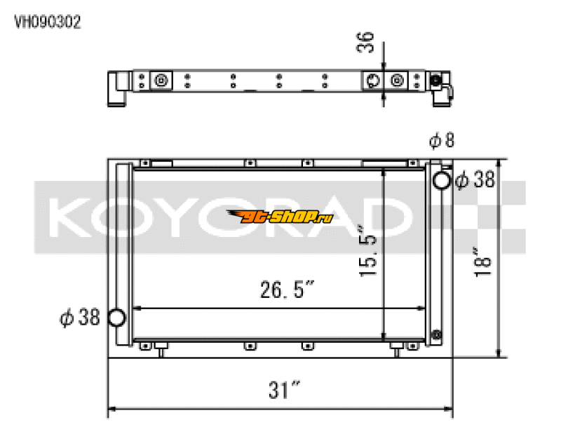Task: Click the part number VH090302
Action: tap(48, 22)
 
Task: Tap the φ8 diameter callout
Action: tap(442, 141)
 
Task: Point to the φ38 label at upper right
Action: tap(475, 181)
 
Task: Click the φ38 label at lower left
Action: tap(80, 318)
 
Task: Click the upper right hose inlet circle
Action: tap(442, 181)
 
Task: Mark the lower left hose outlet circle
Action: tap(116, 318)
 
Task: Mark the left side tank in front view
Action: tap(122, 252)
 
